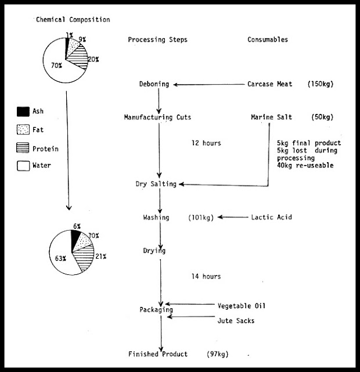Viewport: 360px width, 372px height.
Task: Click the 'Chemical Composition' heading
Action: [x=73, y=19]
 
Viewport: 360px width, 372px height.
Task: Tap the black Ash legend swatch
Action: [x=23, y=112]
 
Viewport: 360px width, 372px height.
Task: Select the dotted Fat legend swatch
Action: [x=23, y=130]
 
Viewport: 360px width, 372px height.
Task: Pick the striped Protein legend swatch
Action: [x=23, y=148]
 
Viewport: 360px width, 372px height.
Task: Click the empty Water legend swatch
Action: [x=23, y=166]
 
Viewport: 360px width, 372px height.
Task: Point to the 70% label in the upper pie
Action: [x=57, y=65]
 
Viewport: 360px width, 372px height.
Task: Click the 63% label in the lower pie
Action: [x=60, y=258]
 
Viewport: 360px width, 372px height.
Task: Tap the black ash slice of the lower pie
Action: [x=75, y=238]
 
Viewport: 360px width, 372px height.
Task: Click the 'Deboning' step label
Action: [x=154, y=84]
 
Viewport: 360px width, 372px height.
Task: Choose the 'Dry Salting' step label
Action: [x=156, y=184]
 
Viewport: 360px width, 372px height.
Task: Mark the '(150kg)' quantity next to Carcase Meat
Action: [x=321, y=84]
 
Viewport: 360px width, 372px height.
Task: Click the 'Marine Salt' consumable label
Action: [x=271, y=117]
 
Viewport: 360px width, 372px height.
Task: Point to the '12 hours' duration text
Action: [x=206, y=143]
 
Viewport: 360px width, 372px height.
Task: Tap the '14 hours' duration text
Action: [x=206, y=277]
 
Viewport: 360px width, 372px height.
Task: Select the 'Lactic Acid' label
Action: [x=272, y=217]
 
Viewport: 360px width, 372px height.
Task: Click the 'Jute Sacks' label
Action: [x=236, y=321]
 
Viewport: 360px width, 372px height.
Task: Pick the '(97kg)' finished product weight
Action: [x=218, y=354]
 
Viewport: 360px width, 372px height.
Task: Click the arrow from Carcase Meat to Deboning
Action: [x=209, y=84]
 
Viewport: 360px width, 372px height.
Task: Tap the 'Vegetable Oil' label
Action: [x=242, y=306]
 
